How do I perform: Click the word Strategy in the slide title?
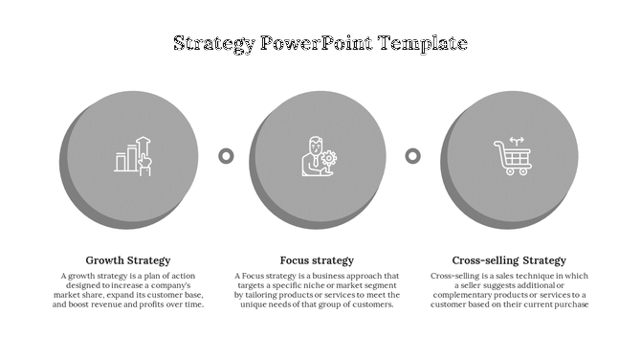click(x=214, y=43)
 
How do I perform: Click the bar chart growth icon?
click(x=133, y=156)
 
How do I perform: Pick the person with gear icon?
click(x=320, y=156)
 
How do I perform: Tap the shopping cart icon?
click(x=510, y=157)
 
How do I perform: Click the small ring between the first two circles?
click(x=227, y=155)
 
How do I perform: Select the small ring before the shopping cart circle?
click(x=412, y=155)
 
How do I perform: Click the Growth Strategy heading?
click(x=128, y=260)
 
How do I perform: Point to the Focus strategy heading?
click(x=317, y=260)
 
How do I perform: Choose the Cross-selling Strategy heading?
click(x=509, y=260)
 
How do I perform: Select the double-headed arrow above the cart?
click(x=518, y=140)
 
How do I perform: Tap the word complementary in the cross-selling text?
click(x=468, y=295)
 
